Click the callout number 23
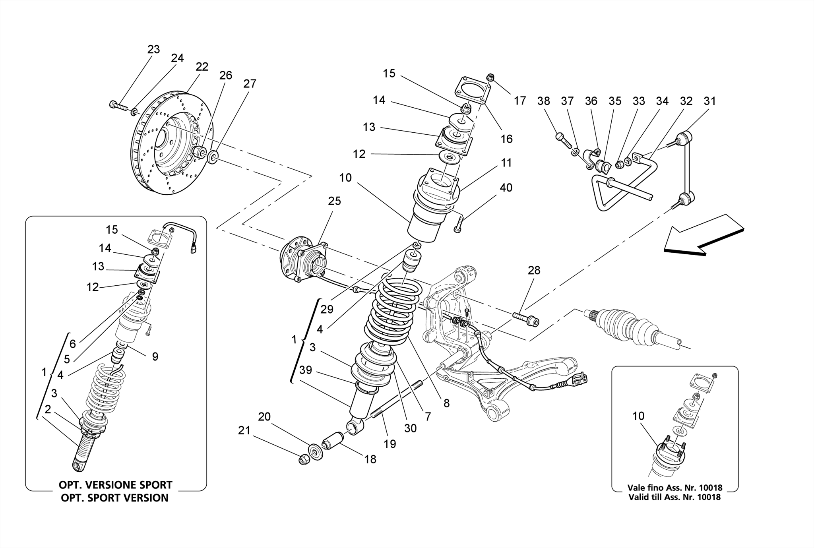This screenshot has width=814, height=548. pyautogui.click(x=153, y=49)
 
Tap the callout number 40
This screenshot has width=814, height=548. pyautogui.click(x=506, y=188)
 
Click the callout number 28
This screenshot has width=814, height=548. pyautogui.click(x=534, y=271)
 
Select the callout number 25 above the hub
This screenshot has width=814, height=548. pyautogui.click(x=334, y=201)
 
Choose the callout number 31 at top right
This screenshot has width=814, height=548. pyautogui.click(x=709, y=101)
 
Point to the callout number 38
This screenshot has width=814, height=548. pyautogui.click(x=543, y=101)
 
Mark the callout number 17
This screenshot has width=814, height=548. pyautogui.click(x=519, y=101)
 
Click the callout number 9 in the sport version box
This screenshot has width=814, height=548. pyautogui.click(x=155, y=357)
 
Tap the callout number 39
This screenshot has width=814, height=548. pyautogui.click(x=305, y=370)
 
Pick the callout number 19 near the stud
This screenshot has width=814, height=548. pyautogui.click(x=390, y=444)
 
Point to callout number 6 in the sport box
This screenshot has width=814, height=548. pyautogui.click(x=72, y=344)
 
